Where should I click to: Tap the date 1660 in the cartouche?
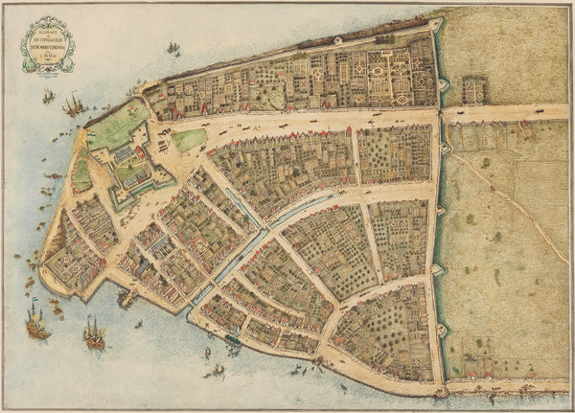click(47, 56)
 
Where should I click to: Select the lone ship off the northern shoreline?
click(172, 47)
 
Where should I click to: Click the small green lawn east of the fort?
click(190, 140)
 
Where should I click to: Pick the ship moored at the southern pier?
click(126, 298)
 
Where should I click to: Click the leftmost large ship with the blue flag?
click(36, 324)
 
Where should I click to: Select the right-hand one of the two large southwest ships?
click(93, 333)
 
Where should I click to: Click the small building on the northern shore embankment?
click(337, 40)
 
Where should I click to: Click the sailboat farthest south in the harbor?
click(217, 372)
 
